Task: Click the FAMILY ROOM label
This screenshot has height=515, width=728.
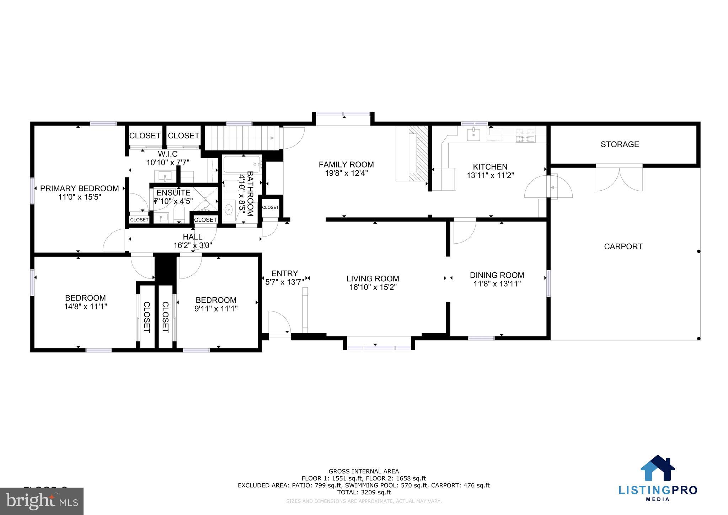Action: [x=346, y=165]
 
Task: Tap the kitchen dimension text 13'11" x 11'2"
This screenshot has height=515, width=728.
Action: [x=490, y=175]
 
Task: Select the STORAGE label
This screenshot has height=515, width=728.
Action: [x=620, y=144]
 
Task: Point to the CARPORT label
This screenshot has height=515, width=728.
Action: [x=623, y=246]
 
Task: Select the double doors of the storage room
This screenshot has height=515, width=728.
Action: [x=619, y=178]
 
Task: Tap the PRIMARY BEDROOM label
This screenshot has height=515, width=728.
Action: [x=79, y=189]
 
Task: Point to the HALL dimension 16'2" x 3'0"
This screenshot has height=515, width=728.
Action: [x=193, y=245]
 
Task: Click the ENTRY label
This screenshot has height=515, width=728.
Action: [x=284, y=274]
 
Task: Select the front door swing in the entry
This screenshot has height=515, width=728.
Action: [x=279, y=322]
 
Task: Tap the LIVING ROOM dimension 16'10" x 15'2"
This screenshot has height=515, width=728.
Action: [x=373, y=287]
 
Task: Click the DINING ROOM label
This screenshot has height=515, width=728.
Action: [x=497, y=275]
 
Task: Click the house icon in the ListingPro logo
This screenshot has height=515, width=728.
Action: [x=658, y=468]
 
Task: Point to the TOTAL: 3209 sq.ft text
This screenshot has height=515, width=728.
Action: [x=364, y=493]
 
